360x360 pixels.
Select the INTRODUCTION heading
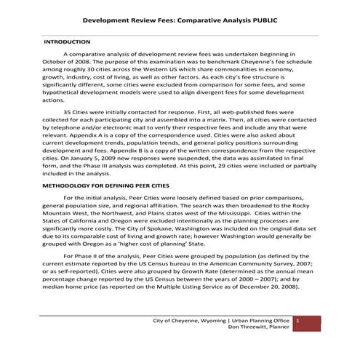[68, 42]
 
